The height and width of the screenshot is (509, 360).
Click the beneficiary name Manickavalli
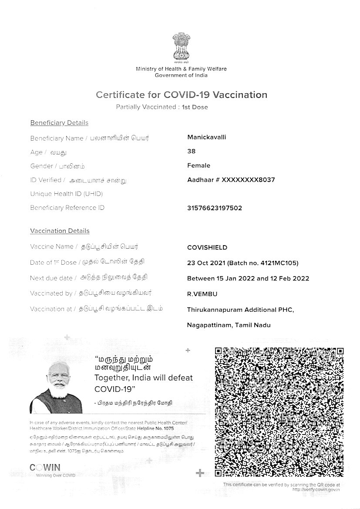pyautogui.click(x=206, y=137)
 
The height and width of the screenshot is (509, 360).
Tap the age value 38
pyautogui.click(x=191, y=151)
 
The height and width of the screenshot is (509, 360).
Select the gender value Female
pyautogui.click(x=199, y=165)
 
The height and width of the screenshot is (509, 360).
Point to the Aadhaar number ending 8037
pyautogui.click(x=231, y=179)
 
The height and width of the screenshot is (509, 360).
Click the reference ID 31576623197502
pyautogui.click(x=214, y=208)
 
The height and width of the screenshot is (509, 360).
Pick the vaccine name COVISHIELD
pyautogui.click(x=207, y=247)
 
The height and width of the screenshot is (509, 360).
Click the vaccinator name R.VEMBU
pyautogui.click(x=202, y=294)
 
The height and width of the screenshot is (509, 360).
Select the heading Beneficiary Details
pyautogui.click(x=59, y=123)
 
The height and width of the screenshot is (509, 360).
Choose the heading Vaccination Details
pyautogui.click(x=60, y=231)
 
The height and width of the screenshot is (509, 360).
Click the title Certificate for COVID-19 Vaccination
pyautogui.click(x=181, y=94)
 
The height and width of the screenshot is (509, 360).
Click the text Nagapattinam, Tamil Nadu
pyautogui.click(x=229, y=325)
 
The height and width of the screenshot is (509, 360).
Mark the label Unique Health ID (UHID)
pyautogui.click(x=66, y=194)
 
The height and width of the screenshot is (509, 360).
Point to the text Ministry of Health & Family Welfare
pyautogui.click(x=181, y=69)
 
